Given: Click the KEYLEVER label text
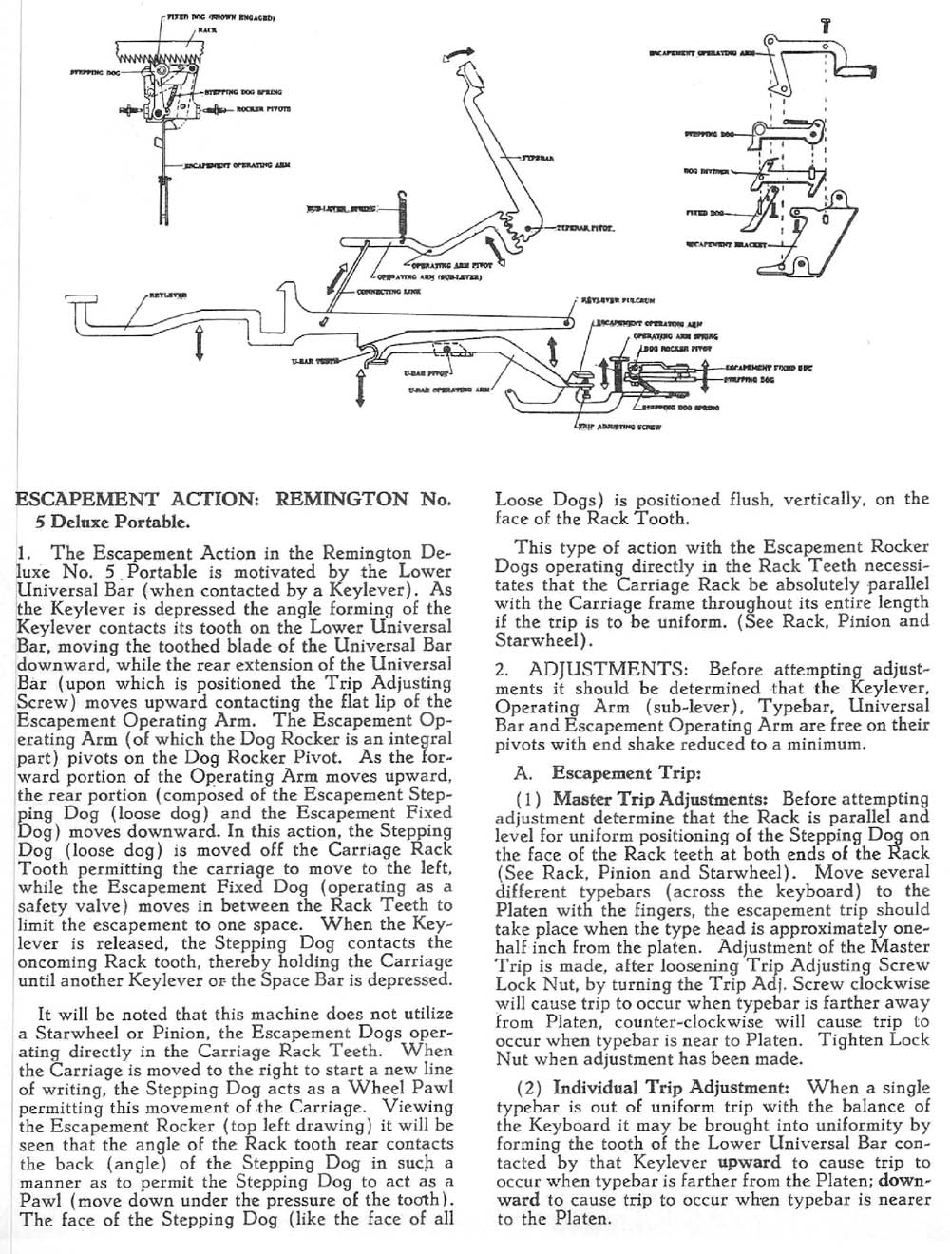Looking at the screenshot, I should point(167,294).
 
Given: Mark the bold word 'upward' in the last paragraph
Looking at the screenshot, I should point(750,1162).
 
